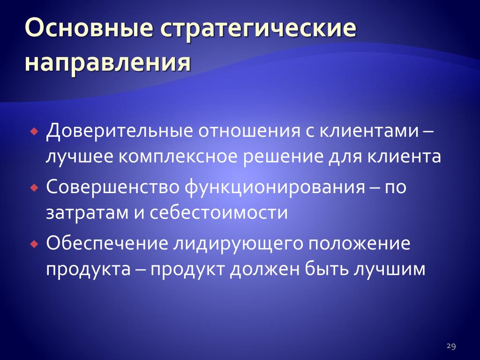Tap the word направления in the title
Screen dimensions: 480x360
pyautogui.click(x=107, y=64)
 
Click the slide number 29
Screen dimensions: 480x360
pyautogui.click(x=451, y=346)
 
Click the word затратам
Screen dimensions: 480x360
pyautogui.click(x=87, y=213)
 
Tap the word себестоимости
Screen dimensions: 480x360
pyautogui.click(x=218, y=212)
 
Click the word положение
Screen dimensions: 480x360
pyautogui.click(x=359, y=244)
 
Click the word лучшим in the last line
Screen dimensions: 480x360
pyautogui.click(x=390, y=270)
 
